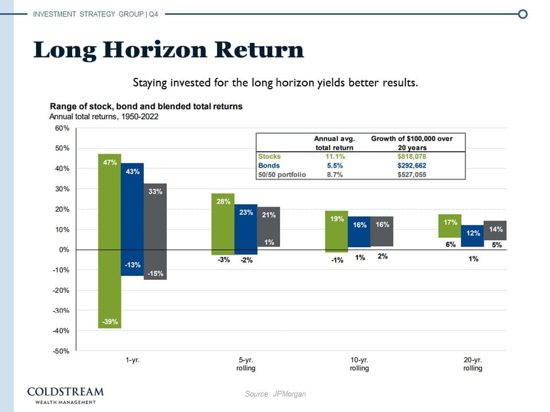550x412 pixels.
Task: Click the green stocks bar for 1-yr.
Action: (x=110, y=240)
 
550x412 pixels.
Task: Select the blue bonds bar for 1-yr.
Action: (x=132, y=217)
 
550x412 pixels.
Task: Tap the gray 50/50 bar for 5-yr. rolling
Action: (x=269, y=227)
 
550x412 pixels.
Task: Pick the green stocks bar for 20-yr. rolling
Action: (x=450, y=225)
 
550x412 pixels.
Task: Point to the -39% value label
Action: (x=110, y=322)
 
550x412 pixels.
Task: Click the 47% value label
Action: (x=110, y=163)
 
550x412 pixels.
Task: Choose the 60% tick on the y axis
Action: (x=62, y=128)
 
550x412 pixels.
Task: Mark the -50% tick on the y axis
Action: (x=61, y=351)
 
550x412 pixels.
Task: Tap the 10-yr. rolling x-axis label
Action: (x=360, y=364)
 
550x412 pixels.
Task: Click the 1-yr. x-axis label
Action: (x=132, y=360)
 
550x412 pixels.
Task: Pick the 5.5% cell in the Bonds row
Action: (x=334, y=165)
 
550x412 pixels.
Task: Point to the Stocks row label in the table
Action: (x=270, y=156)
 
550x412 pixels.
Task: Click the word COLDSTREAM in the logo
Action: (x=66, y=392)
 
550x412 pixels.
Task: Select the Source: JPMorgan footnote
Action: (x=276, y=394)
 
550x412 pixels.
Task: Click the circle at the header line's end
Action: (x=522, y=14)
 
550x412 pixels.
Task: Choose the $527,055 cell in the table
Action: (x=411, y=175)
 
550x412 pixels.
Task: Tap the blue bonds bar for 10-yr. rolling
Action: (x=359, y=232)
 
